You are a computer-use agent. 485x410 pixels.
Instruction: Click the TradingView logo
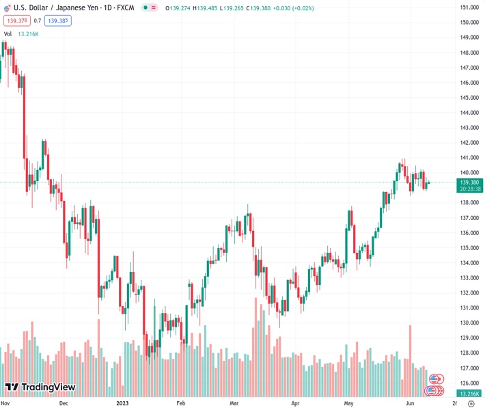[x=40, y=388]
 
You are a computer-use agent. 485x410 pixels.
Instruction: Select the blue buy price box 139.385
[x=58, y=20]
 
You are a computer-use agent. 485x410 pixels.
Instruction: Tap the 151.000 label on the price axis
[x=468, y=8]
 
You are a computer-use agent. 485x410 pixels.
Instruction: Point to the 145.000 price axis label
[x=468, y=98]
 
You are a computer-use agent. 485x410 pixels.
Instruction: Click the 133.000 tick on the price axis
[x=468, y=278]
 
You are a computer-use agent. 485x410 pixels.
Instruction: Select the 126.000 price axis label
[x=468, y=383]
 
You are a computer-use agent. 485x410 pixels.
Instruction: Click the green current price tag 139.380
[x=469, y=182]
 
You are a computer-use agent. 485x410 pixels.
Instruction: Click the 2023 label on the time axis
[x=123, y=403]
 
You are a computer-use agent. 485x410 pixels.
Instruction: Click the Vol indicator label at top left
[x=8, y=33]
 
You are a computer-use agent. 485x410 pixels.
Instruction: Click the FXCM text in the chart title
[x=126, y=8]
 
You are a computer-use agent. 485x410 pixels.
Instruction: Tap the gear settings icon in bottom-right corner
[x=471, y=404]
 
